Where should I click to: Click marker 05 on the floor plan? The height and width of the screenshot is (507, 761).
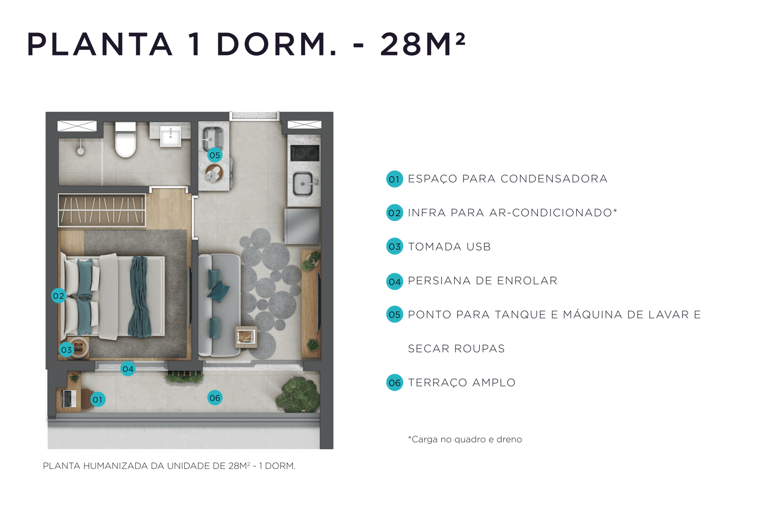215,155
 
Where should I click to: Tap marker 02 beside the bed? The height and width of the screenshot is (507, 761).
58,296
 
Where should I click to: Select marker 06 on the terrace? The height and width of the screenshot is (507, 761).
215,398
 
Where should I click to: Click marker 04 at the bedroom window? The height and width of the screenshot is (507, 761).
128,369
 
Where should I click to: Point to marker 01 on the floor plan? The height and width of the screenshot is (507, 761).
98,399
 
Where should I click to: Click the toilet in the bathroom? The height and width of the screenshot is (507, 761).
125,141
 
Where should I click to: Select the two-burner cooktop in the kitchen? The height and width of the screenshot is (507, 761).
305,153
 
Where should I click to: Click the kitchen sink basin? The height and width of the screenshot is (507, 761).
303,184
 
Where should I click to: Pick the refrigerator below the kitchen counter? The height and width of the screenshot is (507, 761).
302,227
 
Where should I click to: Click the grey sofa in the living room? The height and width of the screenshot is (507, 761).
218,305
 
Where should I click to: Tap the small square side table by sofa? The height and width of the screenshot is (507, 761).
246,336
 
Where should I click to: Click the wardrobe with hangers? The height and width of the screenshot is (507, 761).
101,210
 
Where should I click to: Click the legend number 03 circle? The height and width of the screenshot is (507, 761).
395,246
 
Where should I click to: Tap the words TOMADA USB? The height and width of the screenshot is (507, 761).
449,247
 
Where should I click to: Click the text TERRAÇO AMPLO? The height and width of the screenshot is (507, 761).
461,383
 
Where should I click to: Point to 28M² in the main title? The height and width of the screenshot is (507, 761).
422,45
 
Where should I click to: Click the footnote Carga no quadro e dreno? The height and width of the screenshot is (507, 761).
465,439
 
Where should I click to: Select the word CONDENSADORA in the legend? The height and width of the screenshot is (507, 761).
554,179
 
